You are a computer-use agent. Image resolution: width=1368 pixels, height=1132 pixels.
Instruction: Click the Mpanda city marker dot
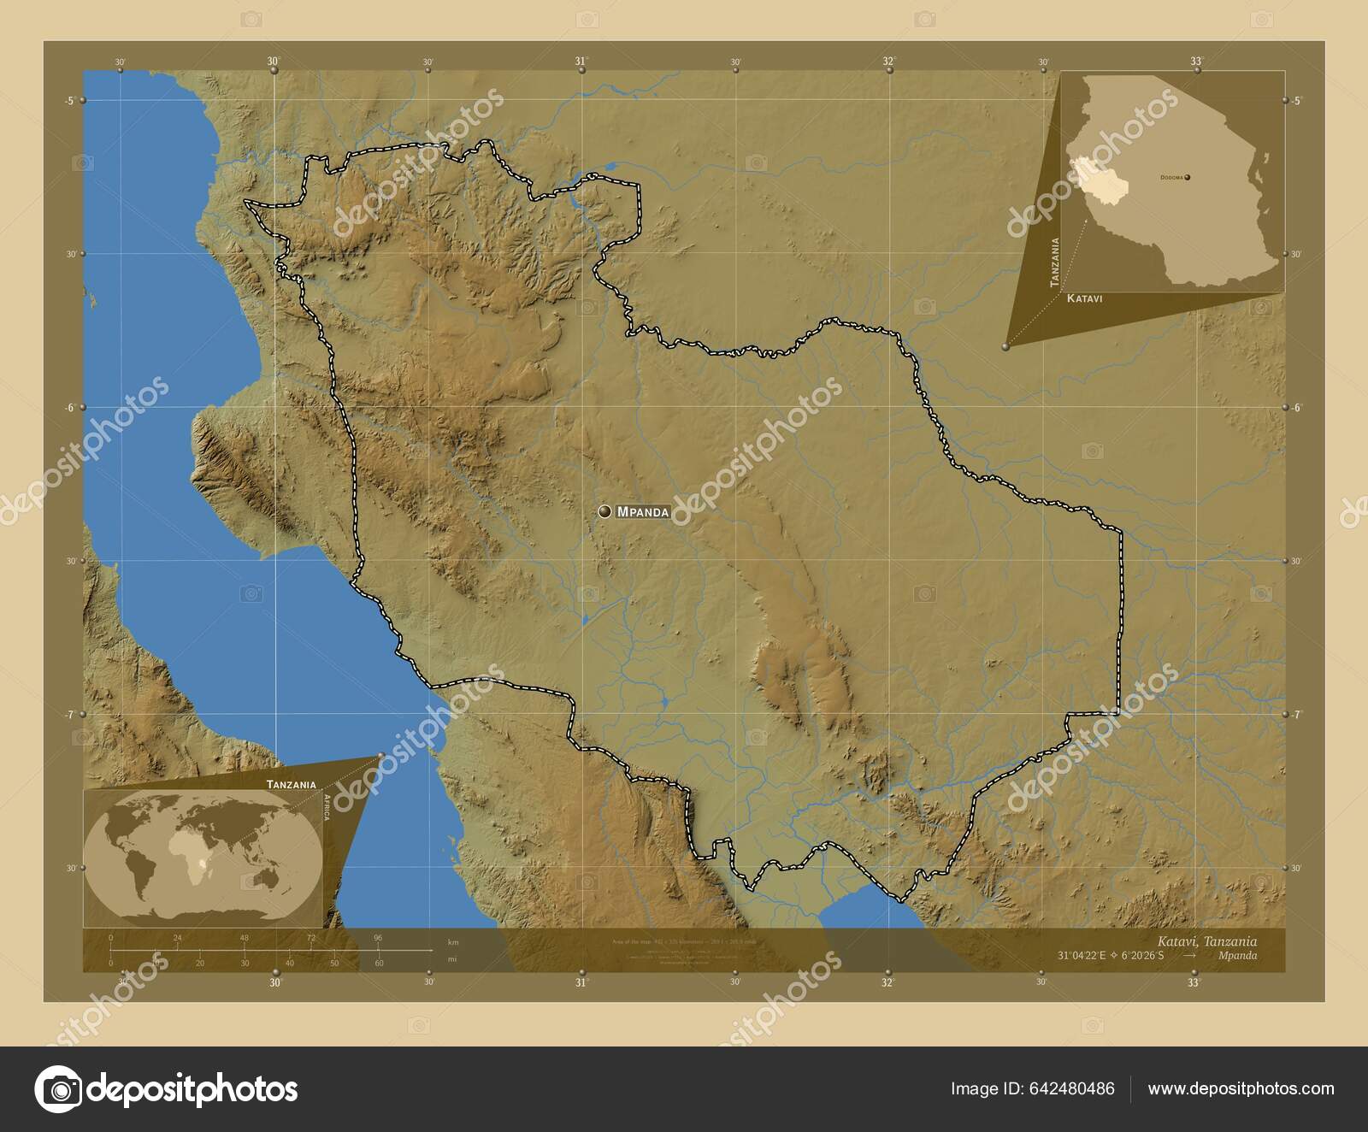tap(605, 511)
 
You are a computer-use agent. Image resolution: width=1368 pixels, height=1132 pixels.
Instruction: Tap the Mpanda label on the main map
tap(643, 512)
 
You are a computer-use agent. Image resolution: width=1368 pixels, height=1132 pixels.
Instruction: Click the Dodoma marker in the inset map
tap(1188, 177)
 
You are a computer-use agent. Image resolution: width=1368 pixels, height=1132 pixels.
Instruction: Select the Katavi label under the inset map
tap(1083, 299)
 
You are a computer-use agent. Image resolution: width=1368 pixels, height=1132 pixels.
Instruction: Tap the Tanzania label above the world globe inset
tap(291, 784)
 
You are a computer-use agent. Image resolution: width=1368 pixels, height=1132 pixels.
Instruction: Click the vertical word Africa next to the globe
tap(326, 806)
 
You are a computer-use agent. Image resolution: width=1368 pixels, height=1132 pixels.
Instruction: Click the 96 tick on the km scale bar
tap(378, 938)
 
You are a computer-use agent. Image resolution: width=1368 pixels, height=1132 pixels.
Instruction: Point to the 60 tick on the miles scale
tap(378, 964)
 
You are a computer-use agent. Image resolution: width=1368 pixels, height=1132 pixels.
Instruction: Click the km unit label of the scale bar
tap(453, 942)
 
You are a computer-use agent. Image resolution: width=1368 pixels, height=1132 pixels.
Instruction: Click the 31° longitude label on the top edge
tap(581, 61)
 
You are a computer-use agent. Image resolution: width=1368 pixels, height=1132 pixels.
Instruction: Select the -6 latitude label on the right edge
tap(1296, 408)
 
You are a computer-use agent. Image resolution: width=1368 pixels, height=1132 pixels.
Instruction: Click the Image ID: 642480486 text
tap(1032, 1088)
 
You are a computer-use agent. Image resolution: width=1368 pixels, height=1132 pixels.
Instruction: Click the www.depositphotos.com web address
tap(1241, 1088)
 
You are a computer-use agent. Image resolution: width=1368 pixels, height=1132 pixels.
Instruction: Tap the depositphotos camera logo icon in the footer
tap(57, 1089)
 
